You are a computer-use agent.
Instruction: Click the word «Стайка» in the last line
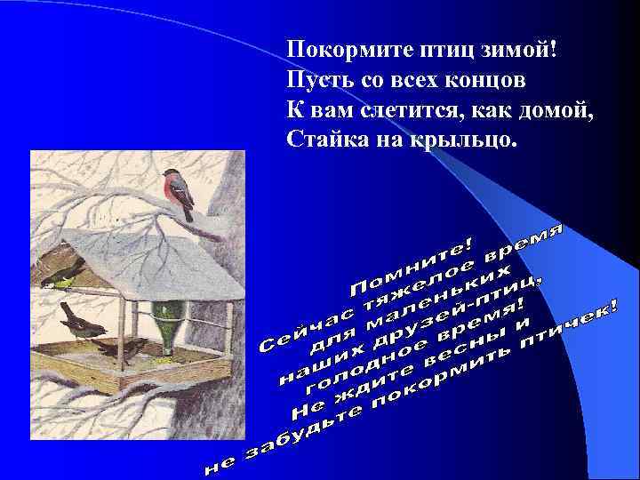(321, 140)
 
